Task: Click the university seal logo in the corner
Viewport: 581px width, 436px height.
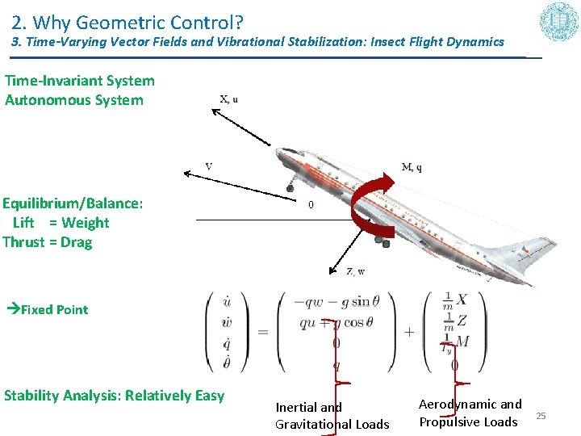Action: [x=560, y=22]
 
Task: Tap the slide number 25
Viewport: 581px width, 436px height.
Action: [x=541, y=415]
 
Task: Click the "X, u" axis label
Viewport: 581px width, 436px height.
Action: [x=229, y=99]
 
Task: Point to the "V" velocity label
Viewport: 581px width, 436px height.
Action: [x=209, y=166]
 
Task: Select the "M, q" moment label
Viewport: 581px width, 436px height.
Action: [x=412, y=167]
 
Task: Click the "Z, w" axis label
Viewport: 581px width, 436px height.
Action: [x=355, y=272]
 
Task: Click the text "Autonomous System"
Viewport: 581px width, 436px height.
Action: [x=74, y=100]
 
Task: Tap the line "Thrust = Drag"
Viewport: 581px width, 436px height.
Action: [x=48, y=242]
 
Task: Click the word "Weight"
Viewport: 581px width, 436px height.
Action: [x=85, y=223]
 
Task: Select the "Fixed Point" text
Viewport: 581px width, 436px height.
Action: [x=54, y=309]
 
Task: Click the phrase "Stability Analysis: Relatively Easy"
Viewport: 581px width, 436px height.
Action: [x=114, y=396]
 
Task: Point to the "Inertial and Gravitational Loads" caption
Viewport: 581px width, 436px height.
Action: [x=332, y=416]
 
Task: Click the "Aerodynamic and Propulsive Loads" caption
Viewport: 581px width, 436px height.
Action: [x=470, y=413]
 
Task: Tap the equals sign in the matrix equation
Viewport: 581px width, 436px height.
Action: [x=263, y=331]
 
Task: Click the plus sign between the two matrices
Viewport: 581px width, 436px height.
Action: [x=408, y=331]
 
